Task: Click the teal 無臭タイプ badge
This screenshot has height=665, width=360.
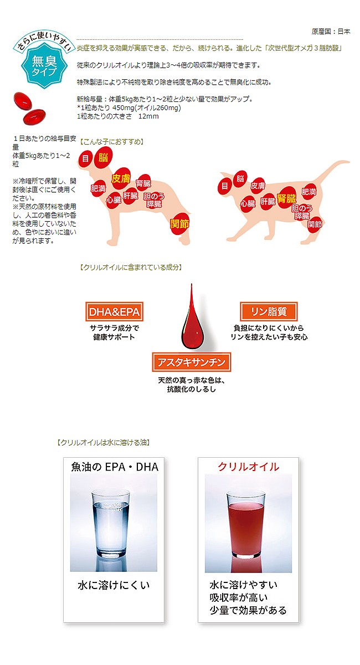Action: pos(44,65)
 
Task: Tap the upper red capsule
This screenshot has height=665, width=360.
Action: pos(23,100)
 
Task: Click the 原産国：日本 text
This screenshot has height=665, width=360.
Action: pos(331,32)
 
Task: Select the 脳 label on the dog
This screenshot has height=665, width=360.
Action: pos(103,157)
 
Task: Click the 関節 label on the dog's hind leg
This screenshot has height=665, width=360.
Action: pos(179,224)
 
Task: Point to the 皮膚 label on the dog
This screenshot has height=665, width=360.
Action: pos(121,178)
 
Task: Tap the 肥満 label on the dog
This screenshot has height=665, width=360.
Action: pos(98,188)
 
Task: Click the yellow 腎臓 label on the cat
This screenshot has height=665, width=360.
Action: pos(286,198)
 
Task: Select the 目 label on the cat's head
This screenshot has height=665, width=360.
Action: pos(225,186)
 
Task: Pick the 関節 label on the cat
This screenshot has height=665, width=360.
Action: pos(315,224)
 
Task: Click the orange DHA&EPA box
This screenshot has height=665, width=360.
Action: pos(114,311)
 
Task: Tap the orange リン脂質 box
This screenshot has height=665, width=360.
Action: pos(269,311)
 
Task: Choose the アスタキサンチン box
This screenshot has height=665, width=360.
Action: pos(192,362)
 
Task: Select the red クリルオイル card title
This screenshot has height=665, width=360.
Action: pos(249,467)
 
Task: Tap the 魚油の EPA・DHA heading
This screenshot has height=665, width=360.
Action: pos(115,467)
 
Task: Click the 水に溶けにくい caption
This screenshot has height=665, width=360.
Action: pos(114,585)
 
